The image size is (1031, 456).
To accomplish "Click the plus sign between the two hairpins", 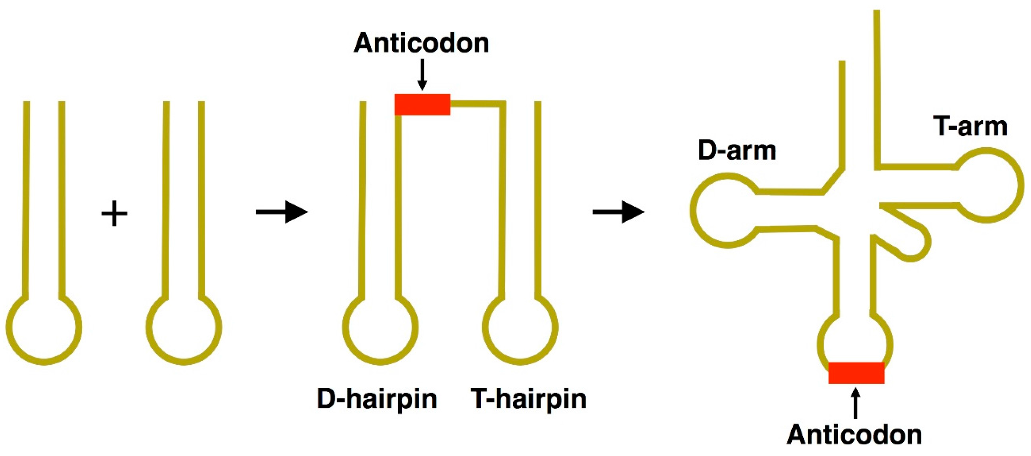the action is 114,213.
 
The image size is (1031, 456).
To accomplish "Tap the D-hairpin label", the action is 376,399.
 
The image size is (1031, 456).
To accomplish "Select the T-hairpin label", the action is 528,399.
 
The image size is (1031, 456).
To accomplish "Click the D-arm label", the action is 736,150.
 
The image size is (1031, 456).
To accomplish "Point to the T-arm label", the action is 970,126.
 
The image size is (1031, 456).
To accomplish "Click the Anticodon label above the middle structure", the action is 421,43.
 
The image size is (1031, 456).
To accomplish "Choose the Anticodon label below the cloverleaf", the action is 854,435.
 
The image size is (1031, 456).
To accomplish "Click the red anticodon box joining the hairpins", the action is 422,104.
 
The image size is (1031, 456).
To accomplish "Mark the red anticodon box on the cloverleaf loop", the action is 856,372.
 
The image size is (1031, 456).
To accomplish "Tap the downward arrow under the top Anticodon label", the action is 422,75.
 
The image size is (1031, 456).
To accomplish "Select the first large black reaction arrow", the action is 282,212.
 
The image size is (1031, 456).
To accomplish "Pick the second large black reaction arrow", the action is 618,212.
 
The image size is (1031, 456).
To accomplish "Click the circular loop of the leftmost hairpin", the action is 44,328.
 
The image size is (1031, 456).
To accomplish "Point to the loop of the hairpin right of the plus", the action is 184,328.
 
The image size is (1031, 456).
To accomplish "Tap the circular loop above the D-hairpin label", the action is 380,328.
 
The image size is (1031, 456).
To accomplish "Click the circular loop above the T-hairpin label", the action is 520,328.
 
